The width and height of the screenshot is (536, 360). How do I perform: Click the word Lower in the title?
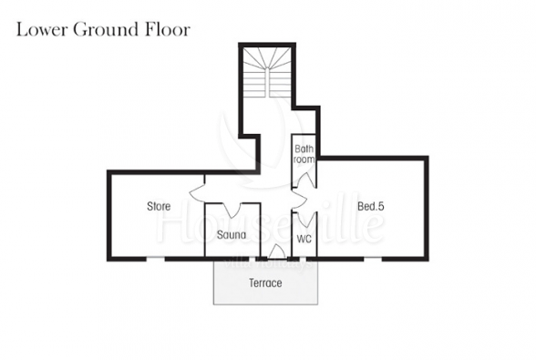coord(41,29)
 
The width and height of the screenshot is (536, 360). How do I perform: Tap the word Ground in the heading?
coord(106,29)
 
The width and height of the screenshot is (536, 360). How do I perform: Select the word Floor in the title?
coord(168,29)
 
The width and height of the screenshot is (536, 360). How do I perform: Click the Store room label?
coord(159,206)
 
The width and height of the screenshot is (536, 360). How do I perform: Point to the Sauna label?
coord(232,235)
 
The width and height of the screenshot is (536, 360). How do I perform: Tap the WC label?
coord(304,239)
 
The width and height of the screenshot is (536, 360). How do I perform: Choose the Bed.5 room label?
coord(371,206)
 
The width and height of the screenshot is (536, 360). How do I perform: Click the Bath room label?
coord(304,154)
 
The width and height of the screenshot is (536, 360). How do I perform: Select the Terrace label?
coord(265,283)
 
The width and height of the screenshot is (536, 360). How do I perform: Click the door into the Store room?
coord(197,194)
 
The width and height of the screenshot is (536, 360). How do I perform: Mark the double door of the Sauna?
coord(232,210)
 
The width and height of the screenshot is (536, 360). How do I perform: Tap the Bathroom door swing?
coord(304,180)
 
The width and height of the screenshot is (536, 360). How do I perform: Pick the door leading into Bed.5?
coord(300,200)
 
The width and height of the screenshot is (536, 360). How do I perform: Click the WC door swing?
coord(304,219)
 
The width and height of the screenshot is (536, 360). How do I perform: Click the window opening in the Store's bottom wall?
coord(156,259)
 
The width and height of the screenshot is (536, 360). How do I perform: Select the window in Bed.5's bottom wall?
coord(372,259)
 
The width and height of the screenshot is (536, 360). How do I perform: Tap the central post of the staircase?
coord(267,82)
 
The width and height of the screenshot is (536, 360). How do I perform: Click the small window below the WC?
coord(302,259)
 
